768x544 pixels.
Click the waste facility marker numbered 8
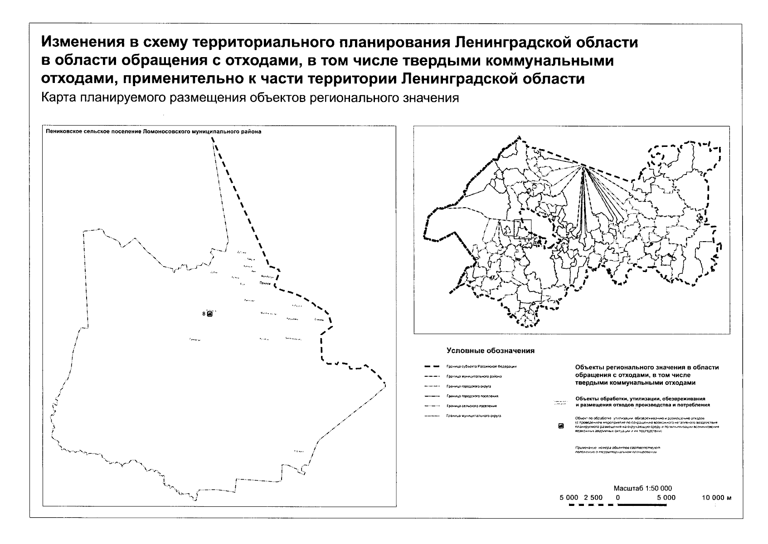(209, 314)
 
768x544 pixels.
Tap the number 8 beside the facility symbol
(204, 314)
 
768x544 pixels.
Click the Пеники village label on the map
(265, 283)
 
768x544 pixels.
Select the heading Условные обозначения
(491, 350)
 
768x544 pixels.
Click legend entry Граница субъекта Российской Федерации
(481, 366)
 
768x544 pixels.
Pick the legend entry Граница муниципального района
(474, 376)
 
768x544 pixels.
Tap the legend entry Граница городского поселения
(472, 396)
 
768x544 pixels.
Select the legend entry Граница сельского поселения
(471, 406)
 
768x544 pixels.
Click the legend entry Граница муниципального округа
(473, 416)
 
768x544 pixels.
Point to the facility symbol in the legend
(561, 426)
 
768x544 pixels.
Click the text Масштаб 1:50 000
(642, 488)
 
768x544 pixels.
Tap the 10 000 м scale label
(717, 497)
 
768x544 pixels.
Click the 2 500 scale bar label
(593, 497)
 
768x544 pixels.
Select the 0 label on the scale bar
(618, 497)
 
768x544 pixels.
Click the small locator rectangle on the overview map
(522, 229)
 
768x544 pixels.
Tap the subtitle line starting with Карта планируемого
(250, 98)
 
